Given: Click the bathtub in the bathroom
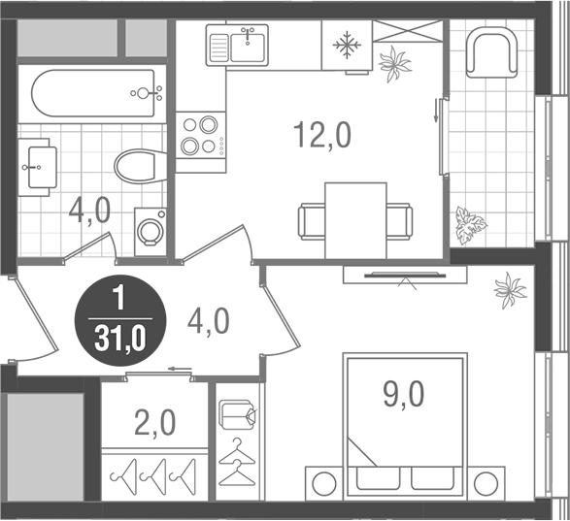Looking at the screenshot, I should coord(95,94).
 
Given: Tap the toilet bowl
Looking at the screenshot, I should coord(136,166).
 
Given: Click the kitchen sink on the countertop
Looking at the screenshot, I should coord(236,46).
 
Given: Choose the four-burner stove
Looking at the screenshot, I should coord(200,136).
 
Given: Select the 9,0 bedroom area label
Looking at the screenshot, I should coord(403,394).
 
